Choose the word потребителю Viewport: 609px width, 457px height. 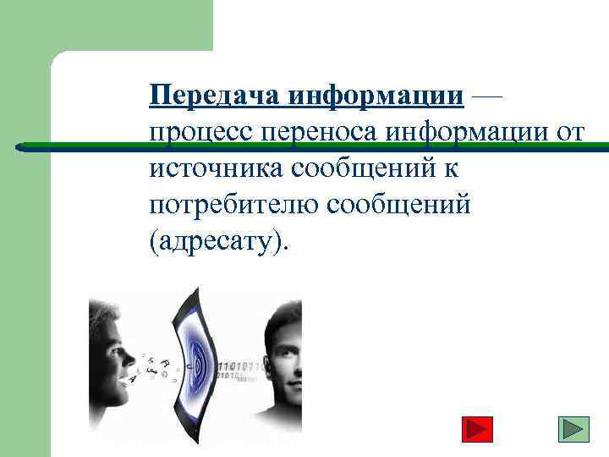pos(226,206)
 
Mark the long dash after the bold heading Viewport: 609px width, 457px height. pos(486,96)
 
